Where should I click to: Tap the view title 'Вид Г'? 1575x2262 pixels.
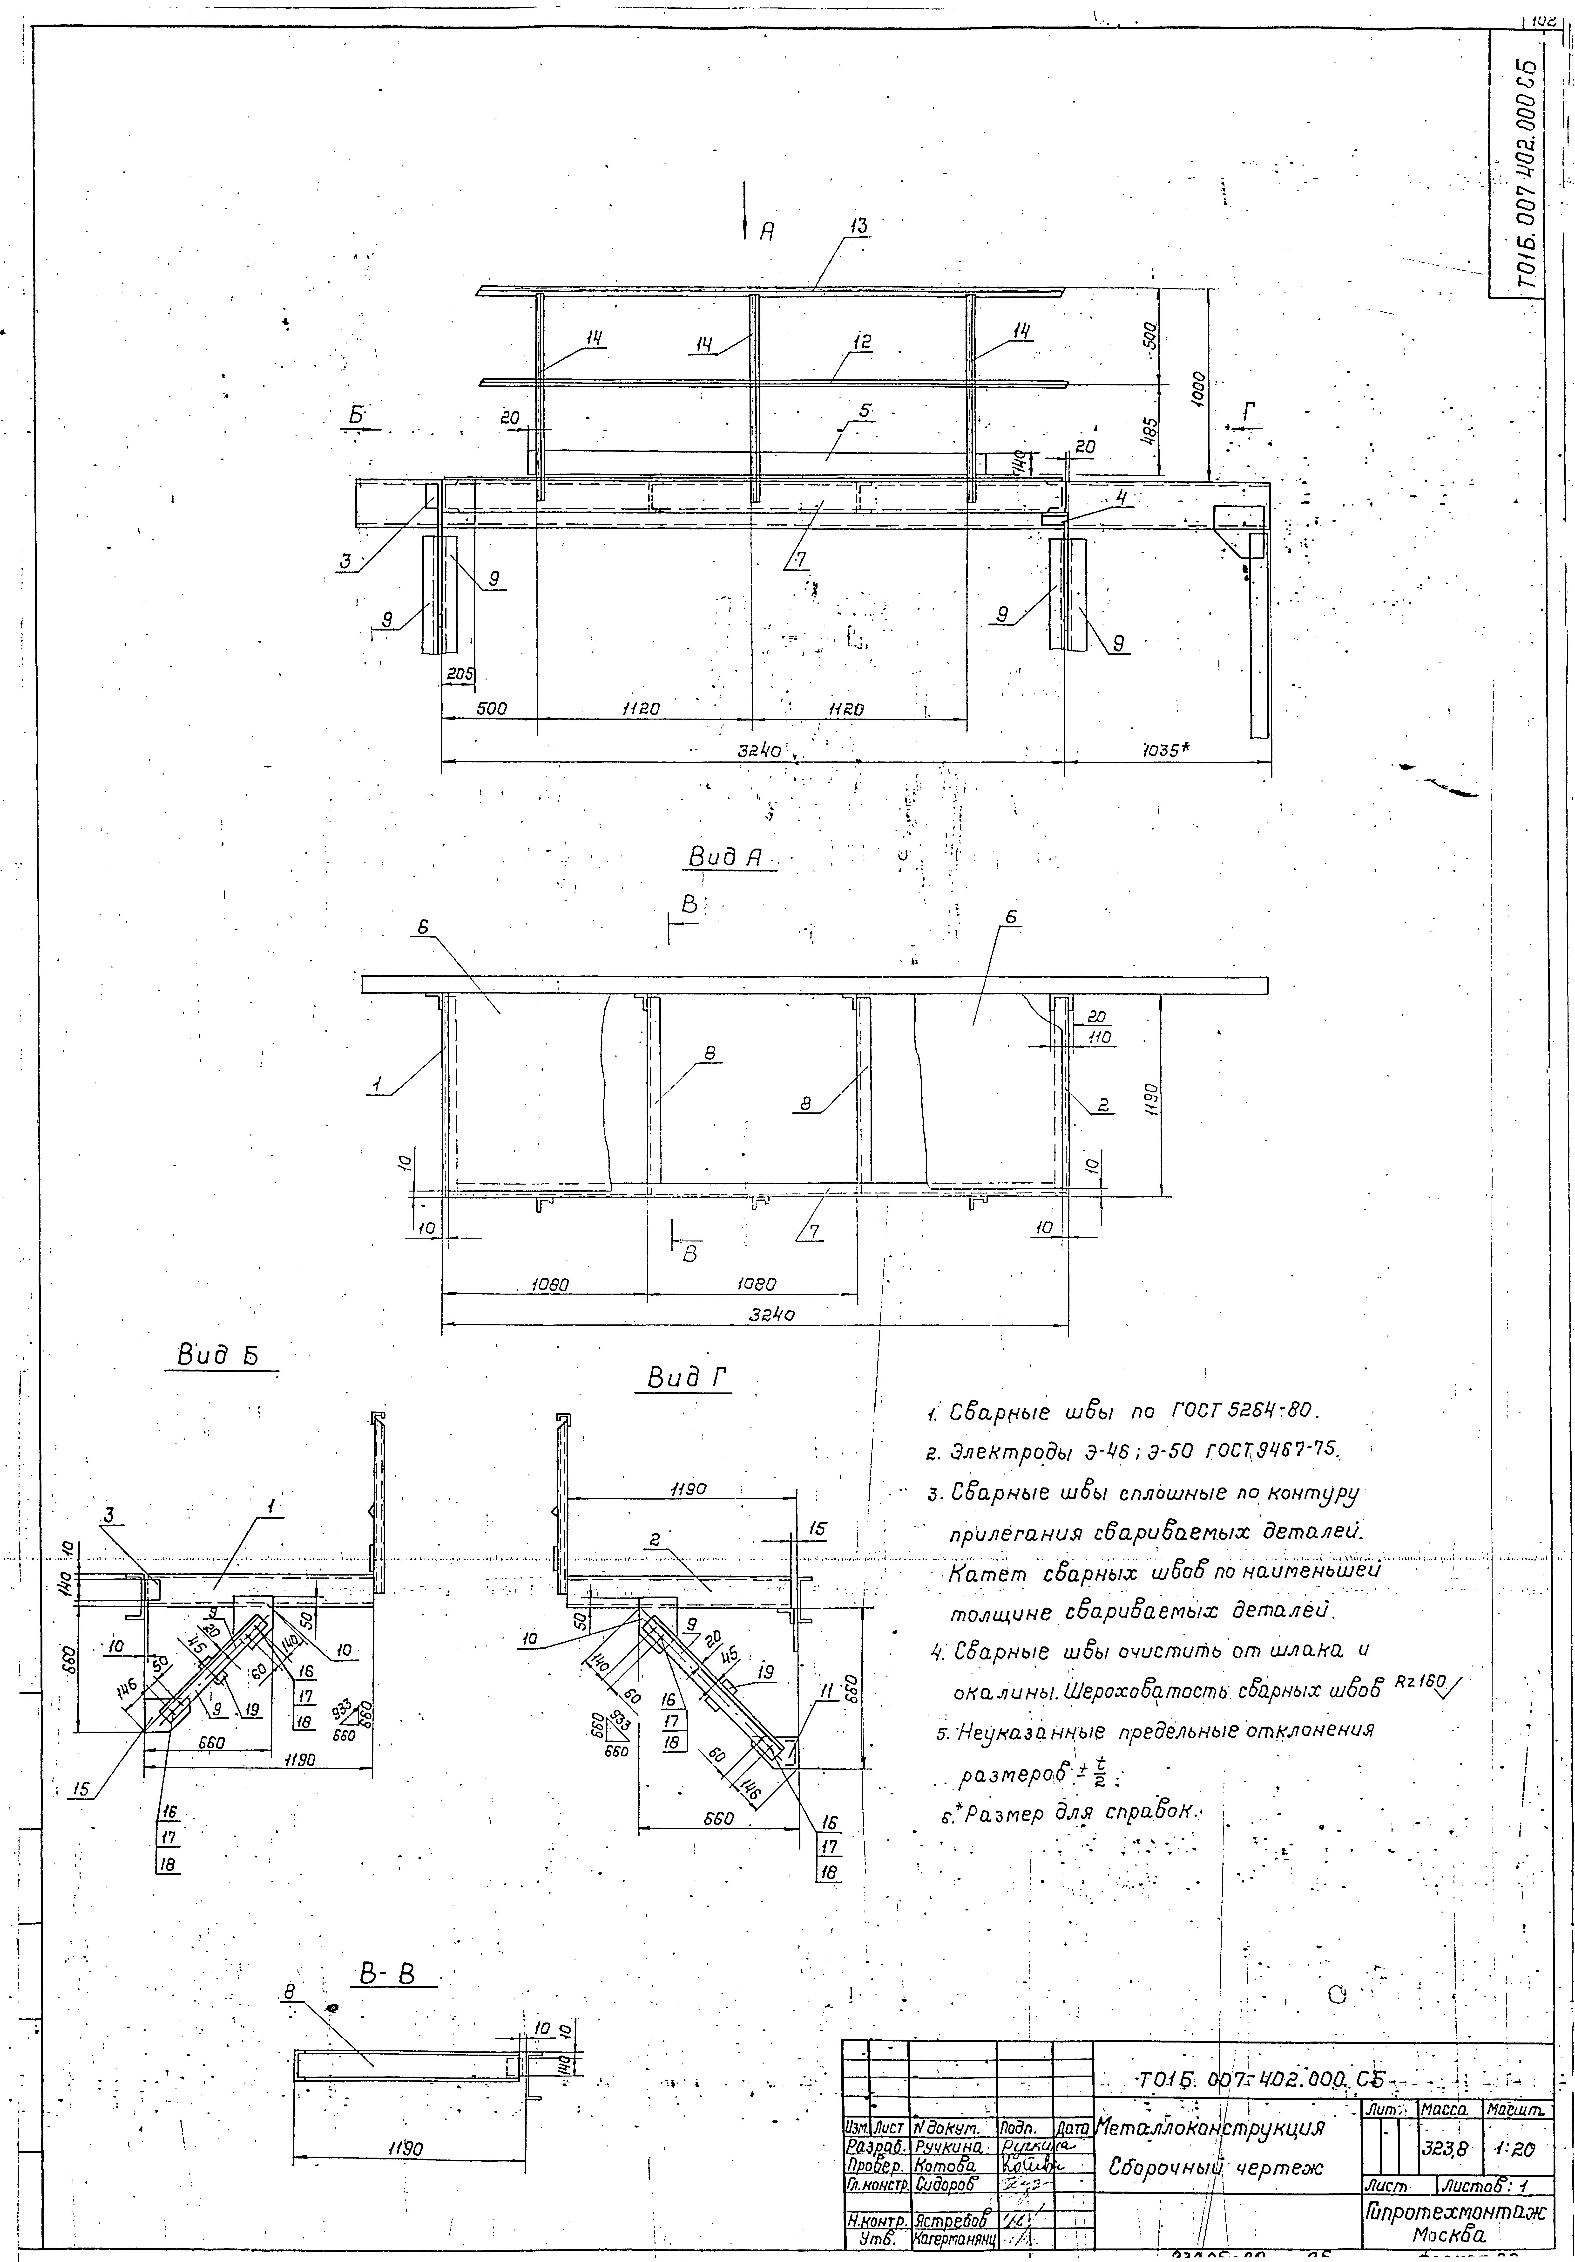coord(689,1379)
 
